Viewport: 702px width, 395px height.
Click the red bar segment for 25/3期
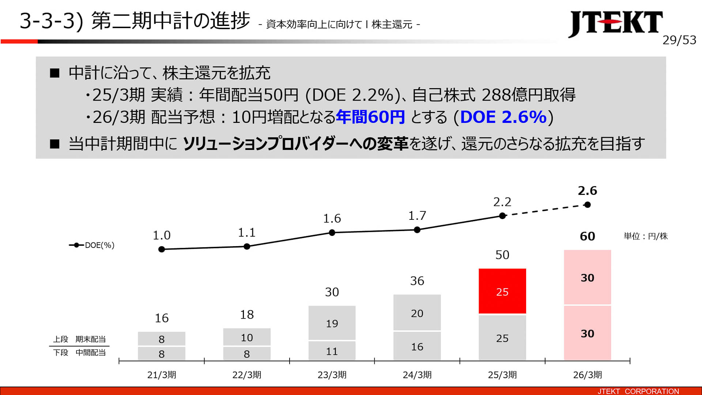[x=502, y=291]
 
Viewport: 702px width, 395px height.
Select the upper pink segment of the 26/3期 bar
[x=587, y=277]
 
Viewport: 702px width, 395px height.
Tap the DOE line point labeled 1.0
[x=162, y=249]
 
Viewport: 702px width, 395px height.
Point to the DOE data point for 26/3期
[x=588, y=205]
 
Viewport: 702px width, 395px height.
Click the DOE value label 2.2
[x=502, y=202]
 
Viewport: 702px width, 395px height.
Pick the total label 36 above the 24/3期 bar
[x=417, y=281]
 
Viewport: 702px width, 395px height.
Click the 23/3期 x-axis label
[x=332, y=375]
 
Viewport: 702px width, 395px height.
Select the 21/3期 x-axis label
[x=162, y=375]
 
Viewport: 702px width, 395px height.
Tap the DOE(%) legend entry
[x=92, y=245]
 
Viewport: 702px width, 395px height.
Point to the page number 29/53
[x=679, y=40]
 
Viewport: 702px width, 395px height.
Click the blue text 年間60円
[x=370, y=117]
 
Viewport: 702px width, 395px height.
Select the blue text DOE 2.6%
[x=503, y=117]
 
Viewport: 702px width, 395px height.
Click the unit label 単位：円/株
[x=645, y=236]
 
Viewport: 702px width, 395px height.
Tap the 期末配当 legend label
[x=90, y=339]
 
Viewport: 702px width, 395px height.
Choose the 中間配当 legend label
[x=90, y=353]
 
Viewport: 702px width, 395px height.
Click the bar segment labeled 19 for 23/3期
[x=332, y=323]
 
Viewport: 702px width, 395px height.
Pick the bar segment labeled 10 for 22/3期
[x=247, y=337]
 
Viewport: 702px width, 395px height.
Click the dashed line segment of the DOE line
[x=545, y=210]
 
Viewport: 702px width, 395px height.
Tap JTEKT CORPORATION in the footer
[x=638, y=391]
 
